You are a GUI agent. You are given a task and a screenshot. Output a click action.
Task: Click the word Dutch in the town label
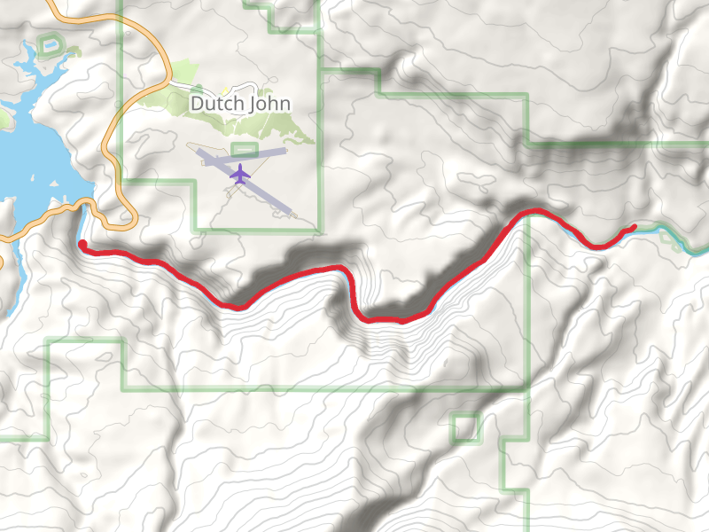(x=213, y=104)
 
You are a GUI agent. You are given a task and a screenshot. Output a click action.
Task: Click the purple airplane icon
(x=239, y=174)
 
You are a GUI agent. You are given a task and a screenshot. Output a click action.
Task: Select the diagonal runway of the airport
(x=266, y=195)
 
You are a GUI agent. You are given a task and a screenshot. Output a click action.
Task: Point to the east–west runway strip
(x=266, y=153)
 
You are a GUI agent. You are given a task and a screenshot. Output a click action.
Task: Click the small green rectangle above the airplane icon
(x=244, y=149)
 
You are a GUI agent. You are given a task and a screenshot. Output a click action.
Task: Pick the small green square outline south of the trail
(x=465, y=428)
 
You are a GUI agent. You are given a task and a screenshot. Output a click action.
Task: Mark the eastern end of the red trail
(x=635, y=228)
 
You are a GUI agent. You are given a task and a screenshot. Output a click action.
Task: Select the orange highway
(x=110, y=142)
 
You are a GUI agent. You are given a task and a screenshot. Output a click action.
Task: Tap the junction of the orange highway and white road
(x=167, y=83)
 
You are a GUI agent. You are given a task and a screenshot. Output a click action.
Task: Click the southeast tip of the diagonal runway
(x=289, y=212)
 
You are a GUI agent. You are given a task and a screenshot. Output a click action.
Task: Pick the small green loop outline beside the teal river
(x=676, y=242)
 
